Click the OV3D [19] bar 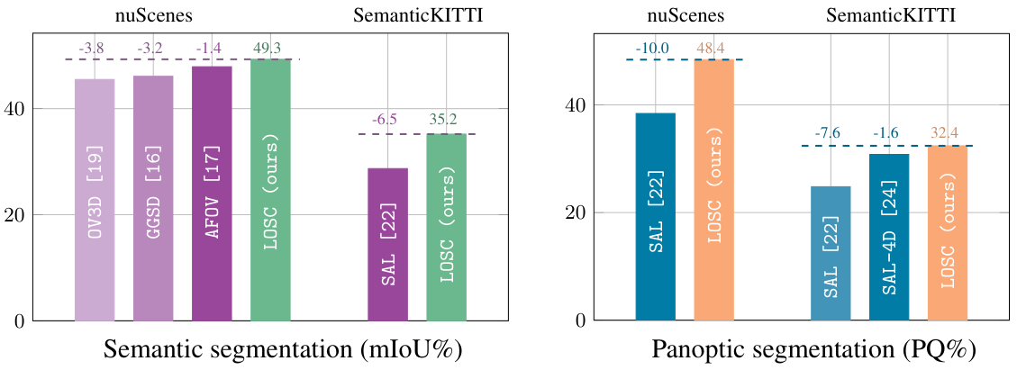pos(95,199)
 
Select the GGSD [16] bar pos(153,198)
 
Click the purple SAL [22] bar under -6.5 pos(387,244)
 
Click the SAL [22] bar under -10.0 pos(656,216)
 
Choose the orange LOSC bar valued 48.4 pos(714,190)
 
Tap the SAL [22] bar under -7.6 pos(831,253)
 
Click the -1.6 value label pos(886,134)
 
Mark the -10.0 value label pos(653,48)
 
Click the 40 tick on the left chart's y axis pos(17,109)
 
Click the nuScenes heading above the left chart pos(152,15)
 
